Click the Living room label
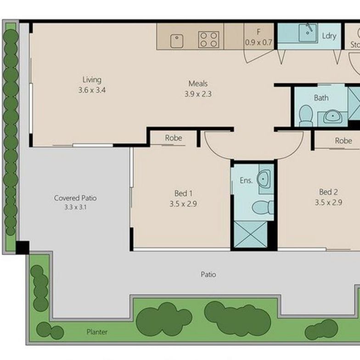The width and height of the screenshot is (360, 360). tap(92, 80)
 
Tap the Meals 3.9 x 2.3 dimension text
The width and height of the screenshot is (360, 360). tap(198, 94)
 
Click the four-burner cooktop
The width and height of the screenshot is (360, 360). tap(208, 39)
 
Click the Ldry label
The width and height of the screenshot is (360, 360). tap(329, 36)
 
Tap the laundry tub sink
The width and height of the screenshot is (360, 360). tap(306, 33)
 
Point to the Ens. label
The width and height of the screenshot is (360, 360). tap(246, 180)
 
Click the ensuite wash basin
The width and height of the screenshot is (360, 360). tap(265, 179)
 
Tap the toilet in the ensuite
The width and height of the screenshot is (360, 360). tap(263, 207)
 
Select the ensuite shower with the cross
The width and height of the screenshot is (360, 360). tap(251, 234)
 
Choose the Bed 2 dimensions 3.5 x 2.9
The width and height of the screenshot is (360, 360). tap(329, 202)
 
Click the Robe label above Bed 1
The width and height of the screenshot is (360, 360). tap(173, 138)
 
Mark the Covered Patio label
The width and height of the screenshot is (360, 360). tap(75, 198)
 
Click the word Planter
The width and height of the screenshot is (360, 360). tap(97, 331)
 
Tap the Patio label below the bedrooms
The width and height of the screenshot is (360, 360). tap(208, 275)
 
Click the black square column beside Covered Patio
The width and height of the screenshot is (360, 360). tap(22, 247)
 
